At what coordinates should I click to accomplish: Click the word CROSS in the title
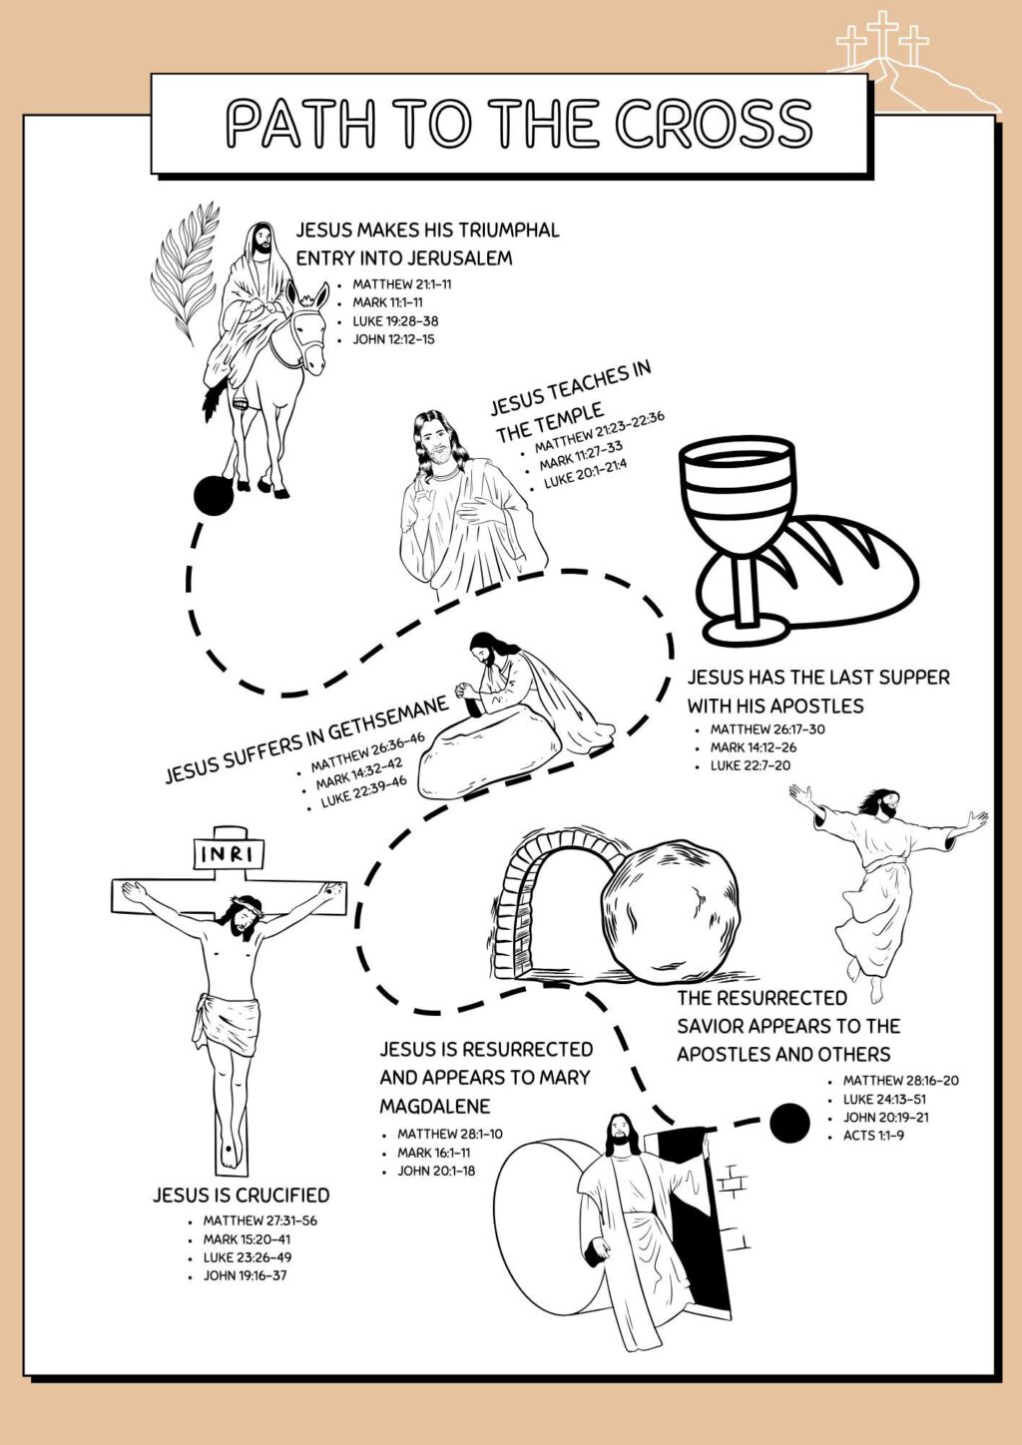pyautogui.click(x=713, y=124)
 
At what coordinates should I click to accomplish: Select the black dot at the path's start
pyautogui.click(x=212, y=495)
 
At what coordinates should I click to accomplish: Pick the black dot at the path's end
pyautogui.click(x=789, y=1124)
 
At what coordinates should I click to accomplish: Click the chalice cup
pyautogui.click(x=739, y=499)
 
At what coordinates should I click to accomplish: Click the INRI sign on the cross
pyautogui.click(x=231, y=854)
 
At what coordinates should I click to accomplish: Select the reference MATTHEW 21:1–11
pyautogui.click(x=401, y=284)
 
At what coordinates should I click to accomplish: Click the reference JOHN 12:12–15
pyautogui.click(x=393, y=339)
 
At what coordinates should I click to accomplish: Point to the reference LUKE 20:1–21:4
pyautogui.click(x=585, y=472)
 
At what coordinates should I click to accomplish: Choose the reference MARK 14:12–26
pyautogui.click(x=753, y=747)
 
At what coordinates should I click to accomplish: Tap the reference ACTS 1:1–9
pyautogui.click(x=873, y=1136)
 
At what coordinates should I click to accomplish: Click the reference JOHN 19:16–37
pyautogui.click(x=245, y=1275)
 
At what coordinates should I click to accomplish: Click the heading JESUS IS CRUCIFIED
pyautogui.click(x=241, y=1195)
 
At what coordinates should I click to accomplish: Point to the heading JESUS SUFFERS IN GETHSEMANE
pyautogui.click(x=306, y=739)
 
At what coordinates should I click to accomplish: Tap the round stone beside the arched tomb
pyautogui.click(x=675, y=910)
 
